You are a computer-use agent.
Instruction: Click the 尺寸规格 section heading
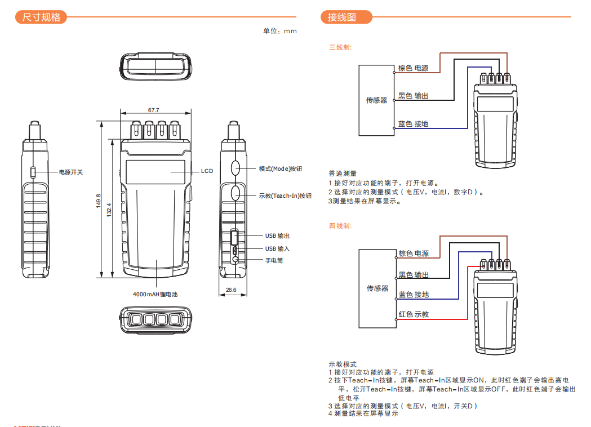click(41, 17)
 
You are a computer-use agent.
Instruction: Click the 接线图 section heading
click(342, 17)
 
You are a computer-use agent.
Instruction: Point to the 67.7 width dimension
click(153, 110)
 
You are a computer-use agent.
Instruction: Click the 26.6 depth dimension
click(231, 290)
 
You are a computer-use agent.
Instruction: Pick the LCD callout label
click(207, 171)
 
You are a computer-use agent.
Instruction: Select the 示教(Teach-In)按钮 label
click(285, 195)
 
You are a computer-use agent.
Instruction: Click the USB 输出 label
click(277, 236)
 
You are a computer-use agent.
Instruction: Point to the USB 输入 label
click(277, 248)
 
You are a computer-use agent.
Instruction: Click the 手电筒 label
click(274, 261)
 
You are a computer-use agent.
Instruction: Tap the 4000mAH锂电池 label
click(155, 294)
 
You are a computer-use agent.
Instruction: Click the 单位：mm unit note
click(280, 31)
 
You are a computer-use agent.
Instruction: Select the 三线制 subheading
click(340, 47)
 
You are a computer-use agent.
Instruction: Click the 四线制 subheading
click(340, 226)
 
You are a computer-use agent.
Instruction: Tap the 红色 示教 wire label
click(414, 314)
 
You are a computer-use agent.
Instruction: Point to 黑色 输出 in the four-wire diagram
click(414, 275)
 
